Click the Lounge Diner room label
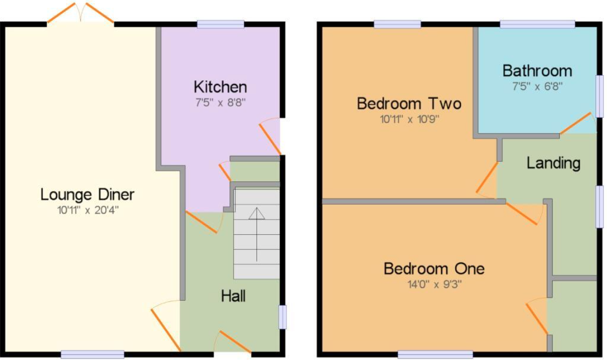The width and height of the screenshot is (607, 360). (x=87, y=195)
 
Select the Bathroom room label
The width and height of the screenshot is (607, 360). (x=537, y=70)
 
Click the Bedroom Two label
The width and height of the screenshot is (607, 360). (x=409, y=103)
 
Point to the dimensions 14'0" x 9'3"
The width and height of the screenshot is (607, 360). (x=434, y=284)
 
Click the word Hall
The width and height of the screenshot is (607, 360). (x=233, y=296)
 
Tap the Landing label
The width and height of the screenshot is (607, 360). (x=553, y=163)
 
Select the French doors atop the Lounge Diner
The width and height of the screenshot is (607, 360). (x=80, y=13)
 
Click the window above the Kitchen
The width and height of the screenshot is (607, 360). (x=220, y=24)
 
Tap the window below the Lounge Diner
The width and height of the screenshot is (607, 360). (x=92, y=354)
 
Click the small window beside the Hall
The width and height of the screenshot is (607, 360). (x=282, y=317)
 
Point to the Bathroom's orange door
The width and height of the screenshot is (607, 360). (x=575, y=123)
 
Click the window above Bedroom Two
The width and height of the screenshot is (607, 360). (x=397, y=24)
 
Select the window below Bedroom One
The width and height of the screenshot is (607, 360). (x=435, y=354)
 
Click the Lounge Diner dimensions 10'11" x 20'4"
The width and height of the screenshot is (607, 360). (x=87, y=210)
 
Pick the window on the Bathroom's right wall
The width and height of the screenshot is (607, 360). (x=599, y=96)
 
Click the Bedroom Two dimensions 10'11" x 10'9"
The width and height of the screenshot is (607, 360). (x=409, y=118)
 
